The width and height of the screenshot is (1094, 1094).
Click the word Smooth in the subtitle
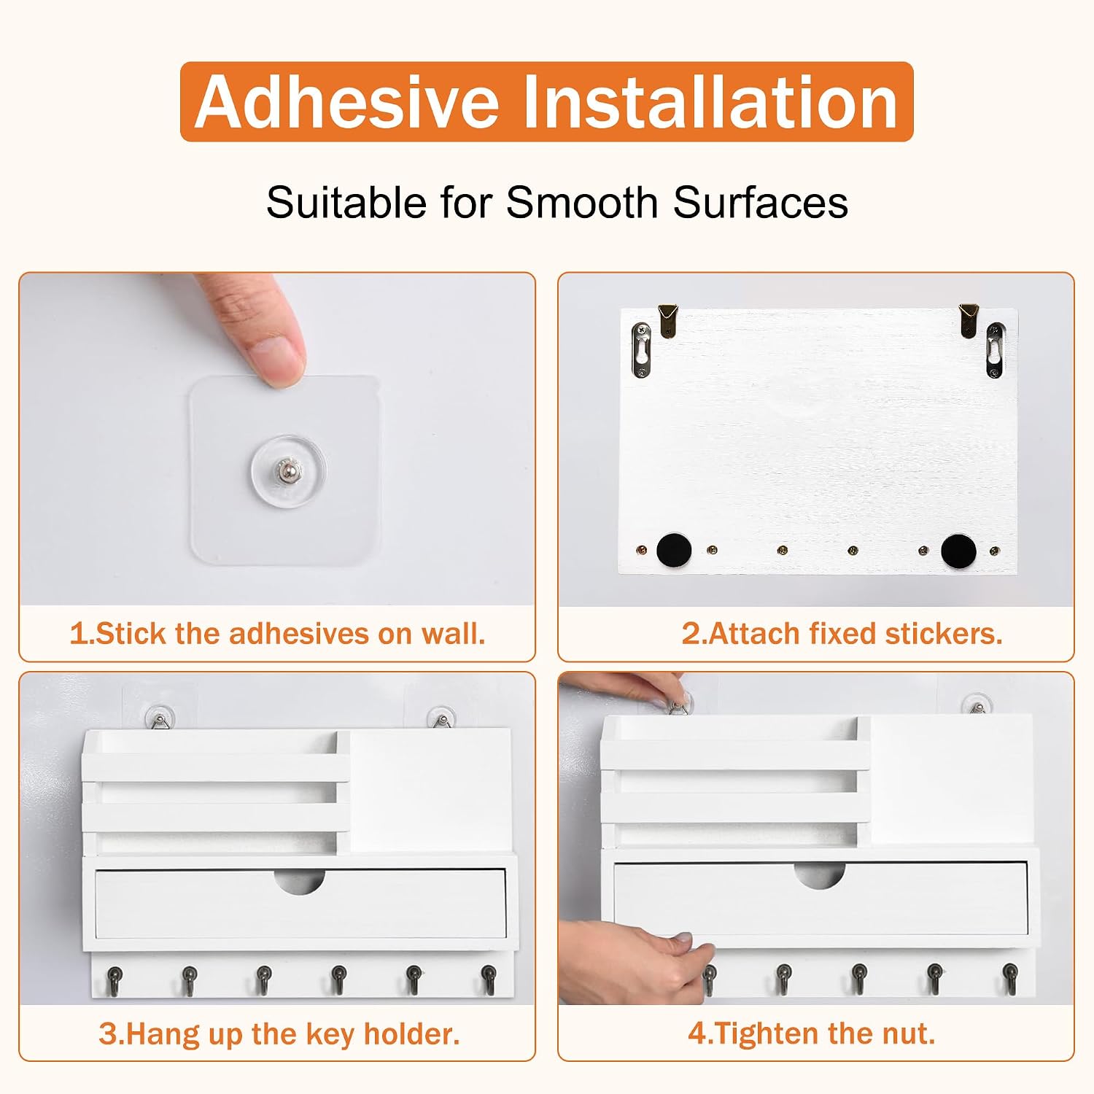[x=582, y=202]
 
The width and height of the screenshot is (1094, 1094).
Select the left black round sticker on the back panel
[x=674, y=550]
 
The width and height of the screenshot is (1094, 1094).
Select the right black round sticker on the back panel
[x=958, y=551]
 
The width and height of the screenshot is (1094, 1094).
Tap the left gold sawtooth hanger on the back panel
[x=668, y=319]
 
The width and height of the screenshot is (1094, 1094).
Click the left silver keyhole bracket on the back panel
[x=641, y=349]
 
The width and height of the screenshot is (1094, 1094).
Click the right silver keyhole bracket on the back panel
[x=996, y=351]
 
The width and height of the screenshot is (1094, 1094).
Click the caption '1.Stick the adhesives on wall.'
[x=277, y=633]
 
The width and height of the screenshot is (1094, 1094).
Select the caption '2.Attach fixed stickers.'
[x=842, y=633]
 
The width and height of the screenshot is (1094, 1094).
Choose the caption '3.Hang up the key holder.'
[x=279, y=1033]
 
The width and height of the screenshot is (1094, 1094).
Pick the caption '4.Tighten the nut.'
[x=811, y=1033]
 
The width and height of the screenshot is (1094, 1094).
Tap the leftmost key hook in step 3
[x=115, y=979]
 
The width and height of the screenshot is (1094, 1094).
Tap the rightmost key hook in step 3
[x=489, y=979]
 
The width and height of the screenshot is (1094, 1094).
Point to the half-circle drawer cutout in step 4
[x=820, y=874]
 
